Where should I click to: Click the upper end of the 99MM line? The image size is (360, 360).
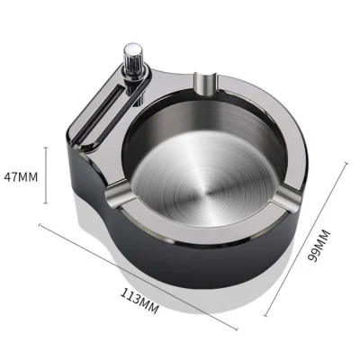pyautogui.click(x=349, y=162)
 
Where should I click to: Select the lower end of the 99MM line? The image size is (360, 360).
pyautogui.click(x=267, y=315)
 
